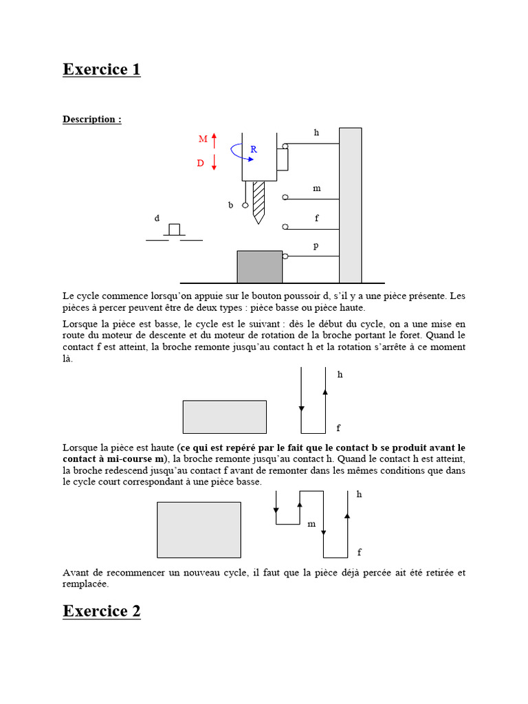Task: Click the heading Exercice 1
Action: coord(102,69)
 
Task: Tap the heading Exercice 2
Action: coord(102,611)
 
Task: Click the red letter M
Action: coord(203,140)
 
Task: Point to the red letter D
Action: coord(201,164)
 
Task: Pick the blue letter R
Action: coord(253,149)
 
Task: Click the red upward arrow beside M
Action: coord(214,140)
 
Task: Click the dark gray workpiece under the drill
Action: coord(259,267)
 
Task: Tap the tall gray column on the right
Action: coord(350,205)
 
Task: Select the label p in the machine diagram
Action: coord(316,245)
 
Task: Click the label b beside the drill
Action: coord(231,205)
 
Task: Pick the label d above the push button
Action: coord(157,218)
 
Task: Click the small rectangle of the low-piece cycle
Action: coord(224,417)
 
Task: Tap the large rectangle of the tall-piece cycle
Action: coord(199,529)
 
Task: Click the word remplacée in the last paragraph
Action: coord(85,584)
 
